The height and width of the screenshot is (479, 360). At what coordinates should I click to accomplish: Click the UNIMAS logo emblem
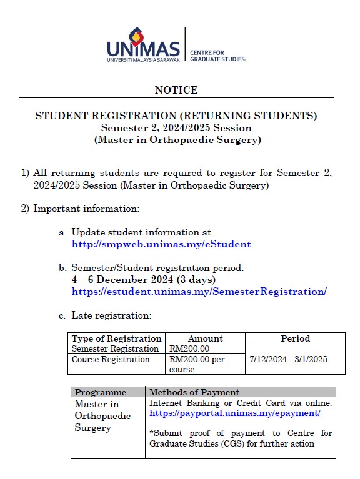[136, 37]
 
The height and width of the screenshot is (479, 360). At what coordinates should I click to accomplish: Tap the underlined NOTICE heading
[176, 90]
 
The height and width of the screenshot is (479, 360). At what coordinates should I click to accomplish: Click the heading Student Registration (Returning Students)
[176, 116]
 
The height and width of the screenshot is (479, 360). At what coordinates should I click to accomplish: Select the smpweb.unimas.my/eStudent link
[161, 244]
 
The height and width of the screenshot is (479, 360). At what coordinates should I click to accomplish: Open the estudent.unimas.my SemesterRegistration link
[199, 292]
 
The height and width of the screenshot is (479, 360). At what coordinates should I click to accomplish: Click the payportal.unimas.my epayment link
[235, 413]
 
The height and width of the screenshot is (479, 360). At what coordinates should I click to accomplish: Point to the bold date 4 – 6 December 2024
[144, 279]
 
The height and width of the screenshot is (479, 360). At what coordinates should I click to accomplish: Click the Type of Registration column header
[116, 338]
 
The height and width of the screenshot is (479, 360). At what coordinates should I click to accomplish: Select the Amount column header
[205, 338]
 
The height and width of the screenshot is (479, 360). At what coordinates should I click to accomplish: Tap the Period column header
[295, 338]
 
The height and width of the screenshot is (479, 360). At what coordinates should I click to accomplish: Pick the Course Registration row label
[111, 359]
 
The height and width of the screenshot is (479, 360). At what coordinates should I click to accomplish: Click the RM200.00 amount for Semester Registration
[189, 348]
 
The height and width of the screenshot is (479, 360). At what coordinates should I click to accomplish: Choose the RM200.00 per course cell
[197, 364]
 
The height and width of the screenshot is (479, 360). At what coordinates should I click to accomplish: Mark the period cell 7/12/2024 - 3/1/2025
[288, 360]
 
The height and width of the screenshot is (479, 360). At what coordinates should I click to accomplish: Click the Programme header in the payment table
[101, 392]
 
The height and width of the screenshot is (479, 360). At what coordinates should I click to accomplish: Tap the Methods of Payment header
[194, 392]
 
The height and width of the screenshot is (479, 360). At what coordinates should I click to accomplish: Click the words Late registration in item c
[111, 315]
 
